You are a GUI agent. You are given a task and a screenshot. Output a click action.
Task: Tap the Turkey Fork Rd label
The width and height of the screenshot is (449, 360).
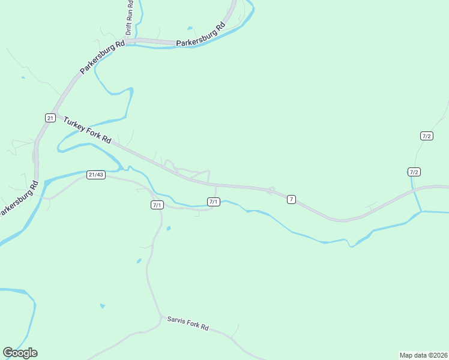[x=88, y=129]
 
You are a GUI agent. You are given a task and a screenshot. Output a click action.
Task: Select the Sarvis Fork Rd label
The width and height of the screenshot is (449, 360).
[x=187, y=323]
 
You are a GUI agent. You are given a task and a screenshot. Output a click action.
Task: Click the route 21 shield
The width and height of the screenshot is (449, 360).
[x=50, y=117]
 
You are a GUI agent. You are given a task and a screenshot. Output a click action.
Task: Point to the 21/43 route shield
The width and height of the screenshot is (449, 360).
[x=96, y=175]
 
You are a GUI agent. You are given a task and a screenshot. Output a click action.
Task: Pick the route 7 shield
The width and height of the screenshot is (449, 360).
[x=291, y=199]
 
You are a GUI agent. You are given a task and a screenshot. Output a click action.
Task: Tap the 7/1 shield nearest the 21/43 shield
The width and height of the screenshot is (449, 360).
[x=157, y=205]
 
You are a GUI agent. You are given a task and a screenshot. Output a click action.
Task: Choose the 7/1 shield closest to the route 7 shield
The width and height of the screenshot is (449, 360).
[x=213, y=202]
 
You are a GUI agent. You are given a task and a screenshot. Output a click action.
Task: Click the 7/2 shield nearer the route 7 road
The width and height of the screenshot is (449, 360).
[x=414, y=172]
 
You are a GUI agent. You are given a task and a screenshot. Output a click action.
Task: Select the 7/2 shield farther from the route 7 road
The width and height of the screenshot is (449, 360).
[x=427, y=136]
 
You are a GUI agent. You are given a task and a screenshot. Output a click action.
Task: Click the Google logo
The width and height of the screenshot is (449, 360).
[x=20, y=353]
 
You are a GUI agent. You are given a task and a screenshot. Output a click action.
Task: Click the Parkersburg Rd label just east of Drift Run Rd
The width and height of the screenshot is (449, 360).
[x=200, y=35]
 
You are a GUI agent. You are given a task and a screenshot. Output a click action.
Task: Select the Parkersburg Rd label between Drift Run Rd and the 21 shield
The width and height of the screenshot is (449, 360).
[x=101, y=58]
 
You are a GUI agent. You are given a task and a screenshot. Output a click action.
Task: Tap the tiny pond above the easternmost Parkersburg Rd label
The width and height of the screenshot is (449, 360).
[x=190, y=28]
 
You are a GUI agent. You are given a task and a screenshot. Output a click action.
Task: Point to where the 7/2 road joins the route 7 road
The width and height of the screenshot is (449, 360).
[x=414, y=190]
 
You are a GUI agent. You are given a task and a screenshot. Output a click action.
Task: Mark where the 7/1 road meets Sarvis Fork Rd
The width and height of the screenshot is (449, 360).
[x=161, y=316]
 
